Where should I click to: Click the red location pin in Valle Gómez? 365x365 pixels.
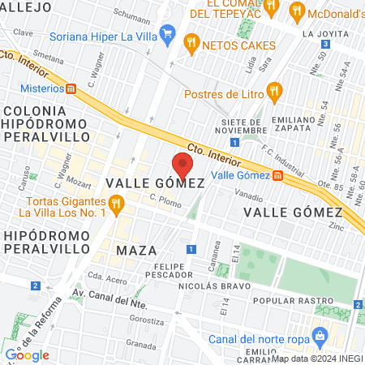coord(183,165)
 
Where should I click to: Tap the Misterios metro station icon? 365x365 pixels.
coord(72,88)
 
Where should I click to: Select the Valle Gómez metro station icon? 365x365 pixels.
coord(278,174)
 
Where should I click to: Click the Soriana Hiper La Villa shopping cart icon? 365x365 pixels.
coord(169,34)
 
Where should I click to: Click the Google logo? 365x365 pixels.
coord(27,354)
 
